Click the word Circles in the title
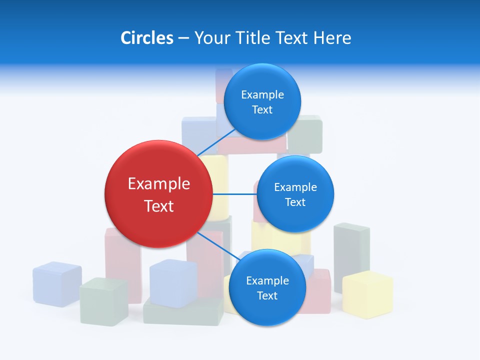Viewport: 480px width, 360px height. click(147, 38)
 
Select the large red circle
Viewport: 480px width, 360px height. click(158, 194)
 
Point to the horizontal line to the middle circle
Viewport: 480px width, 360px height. click(234, 194)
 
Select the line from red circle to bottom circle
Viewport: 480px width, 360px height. click(215, 245)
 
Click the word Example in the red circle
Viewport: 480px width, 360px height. click(159, 184)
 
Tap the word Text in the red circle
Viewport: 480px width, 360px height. click(159, 206)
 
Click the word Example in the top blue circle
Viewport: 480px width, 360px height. click(262, 95)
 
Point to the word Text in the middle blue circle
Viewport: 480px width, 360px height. click(295, 202)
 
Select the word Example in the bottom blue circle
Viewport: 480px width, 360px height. click(267, 280)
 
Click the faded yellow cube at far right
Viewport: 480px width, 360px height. click(367, 295)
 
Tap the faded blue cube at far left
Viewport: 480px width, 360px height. click(57, 283)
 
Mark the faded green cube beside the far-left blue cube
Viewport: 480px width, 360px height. click(103, 301)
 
